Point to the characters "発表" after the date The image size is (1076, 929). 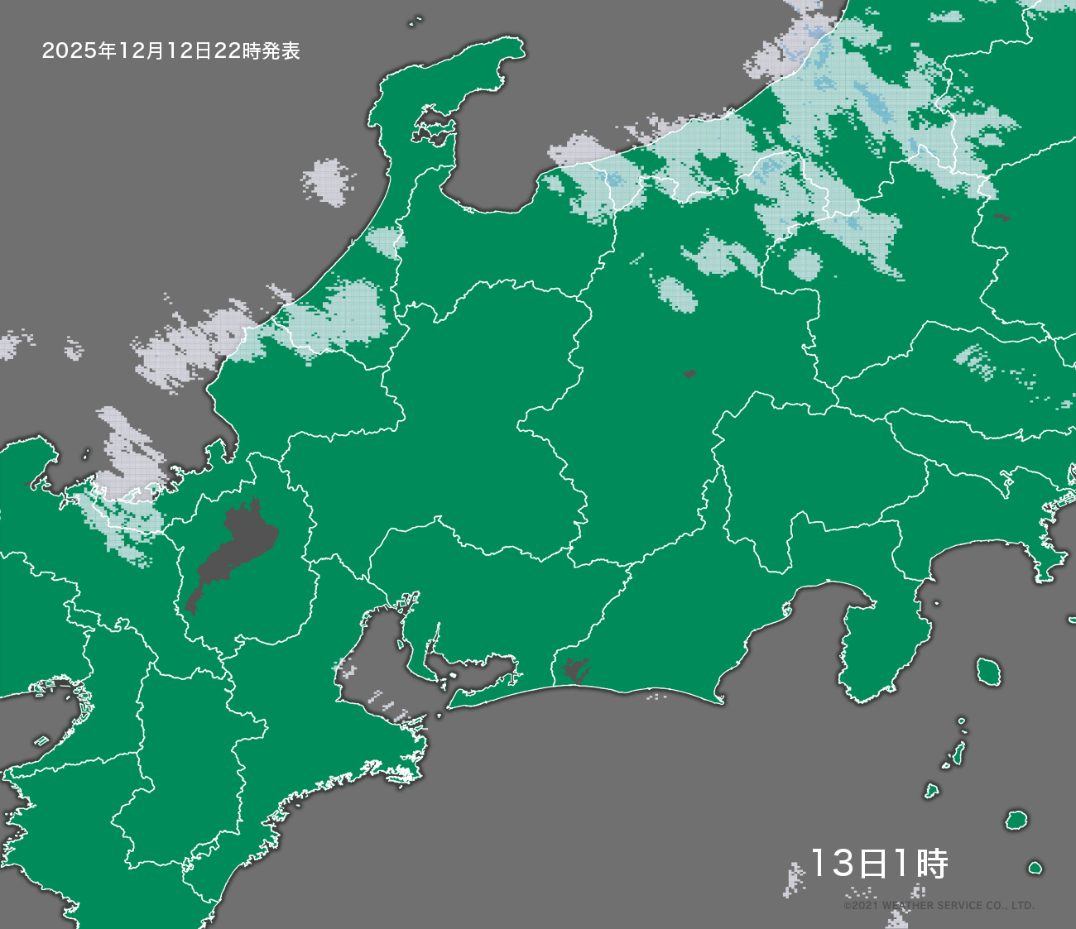(281, 51)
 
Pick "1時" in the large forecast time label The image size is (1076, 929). (920, 864)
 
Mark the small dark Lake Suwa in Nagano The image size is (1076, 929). (689, 374)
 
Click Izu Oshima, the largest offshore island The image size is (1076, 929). (987, 670)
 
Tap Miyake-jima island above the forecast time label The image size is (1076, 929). (1016, 821)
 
